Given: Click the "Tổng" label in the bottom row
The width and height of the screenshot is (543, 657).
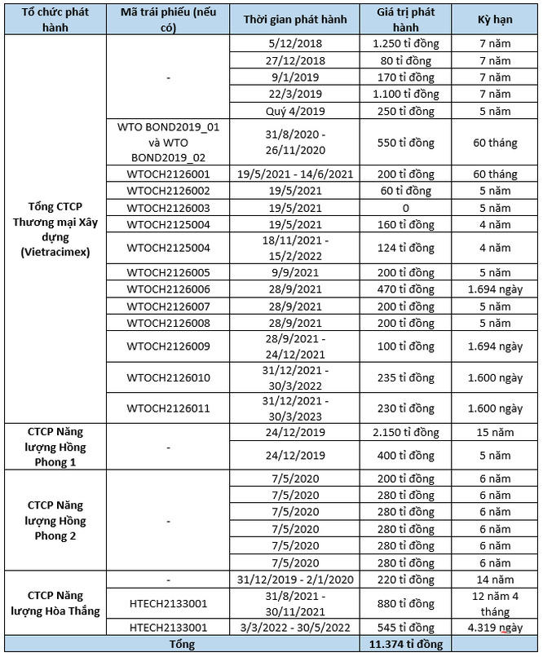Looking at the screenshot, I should coord(182,645).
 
